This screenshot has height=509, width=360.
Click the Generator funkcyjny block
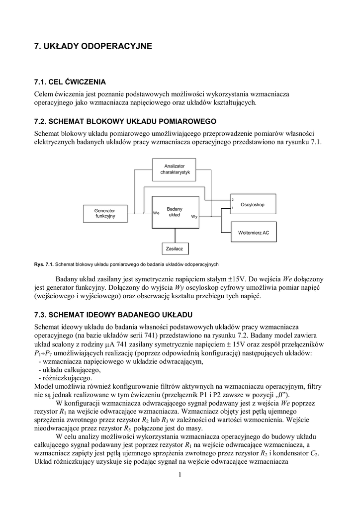(x=104, y=213)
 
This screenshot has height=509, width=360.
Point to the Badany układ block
(x=175, y=212)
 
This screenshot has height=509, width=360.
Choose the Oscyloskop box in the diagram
(x=252, y=204)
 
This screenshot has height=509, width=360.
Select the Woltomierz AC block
(x=254, y=232)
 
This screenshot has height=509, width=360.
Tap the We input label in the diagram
(x=156, y=213)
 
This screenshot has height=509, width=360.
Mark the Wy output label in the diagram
(x=194, y=217)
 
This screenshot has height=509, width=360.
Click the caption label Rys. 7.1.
(x=43, y=263)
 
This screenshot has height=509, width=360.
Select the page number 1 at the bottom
(x=180, y=475)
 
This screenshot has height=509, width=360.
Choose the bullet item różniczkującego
(x=67, y=378)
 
